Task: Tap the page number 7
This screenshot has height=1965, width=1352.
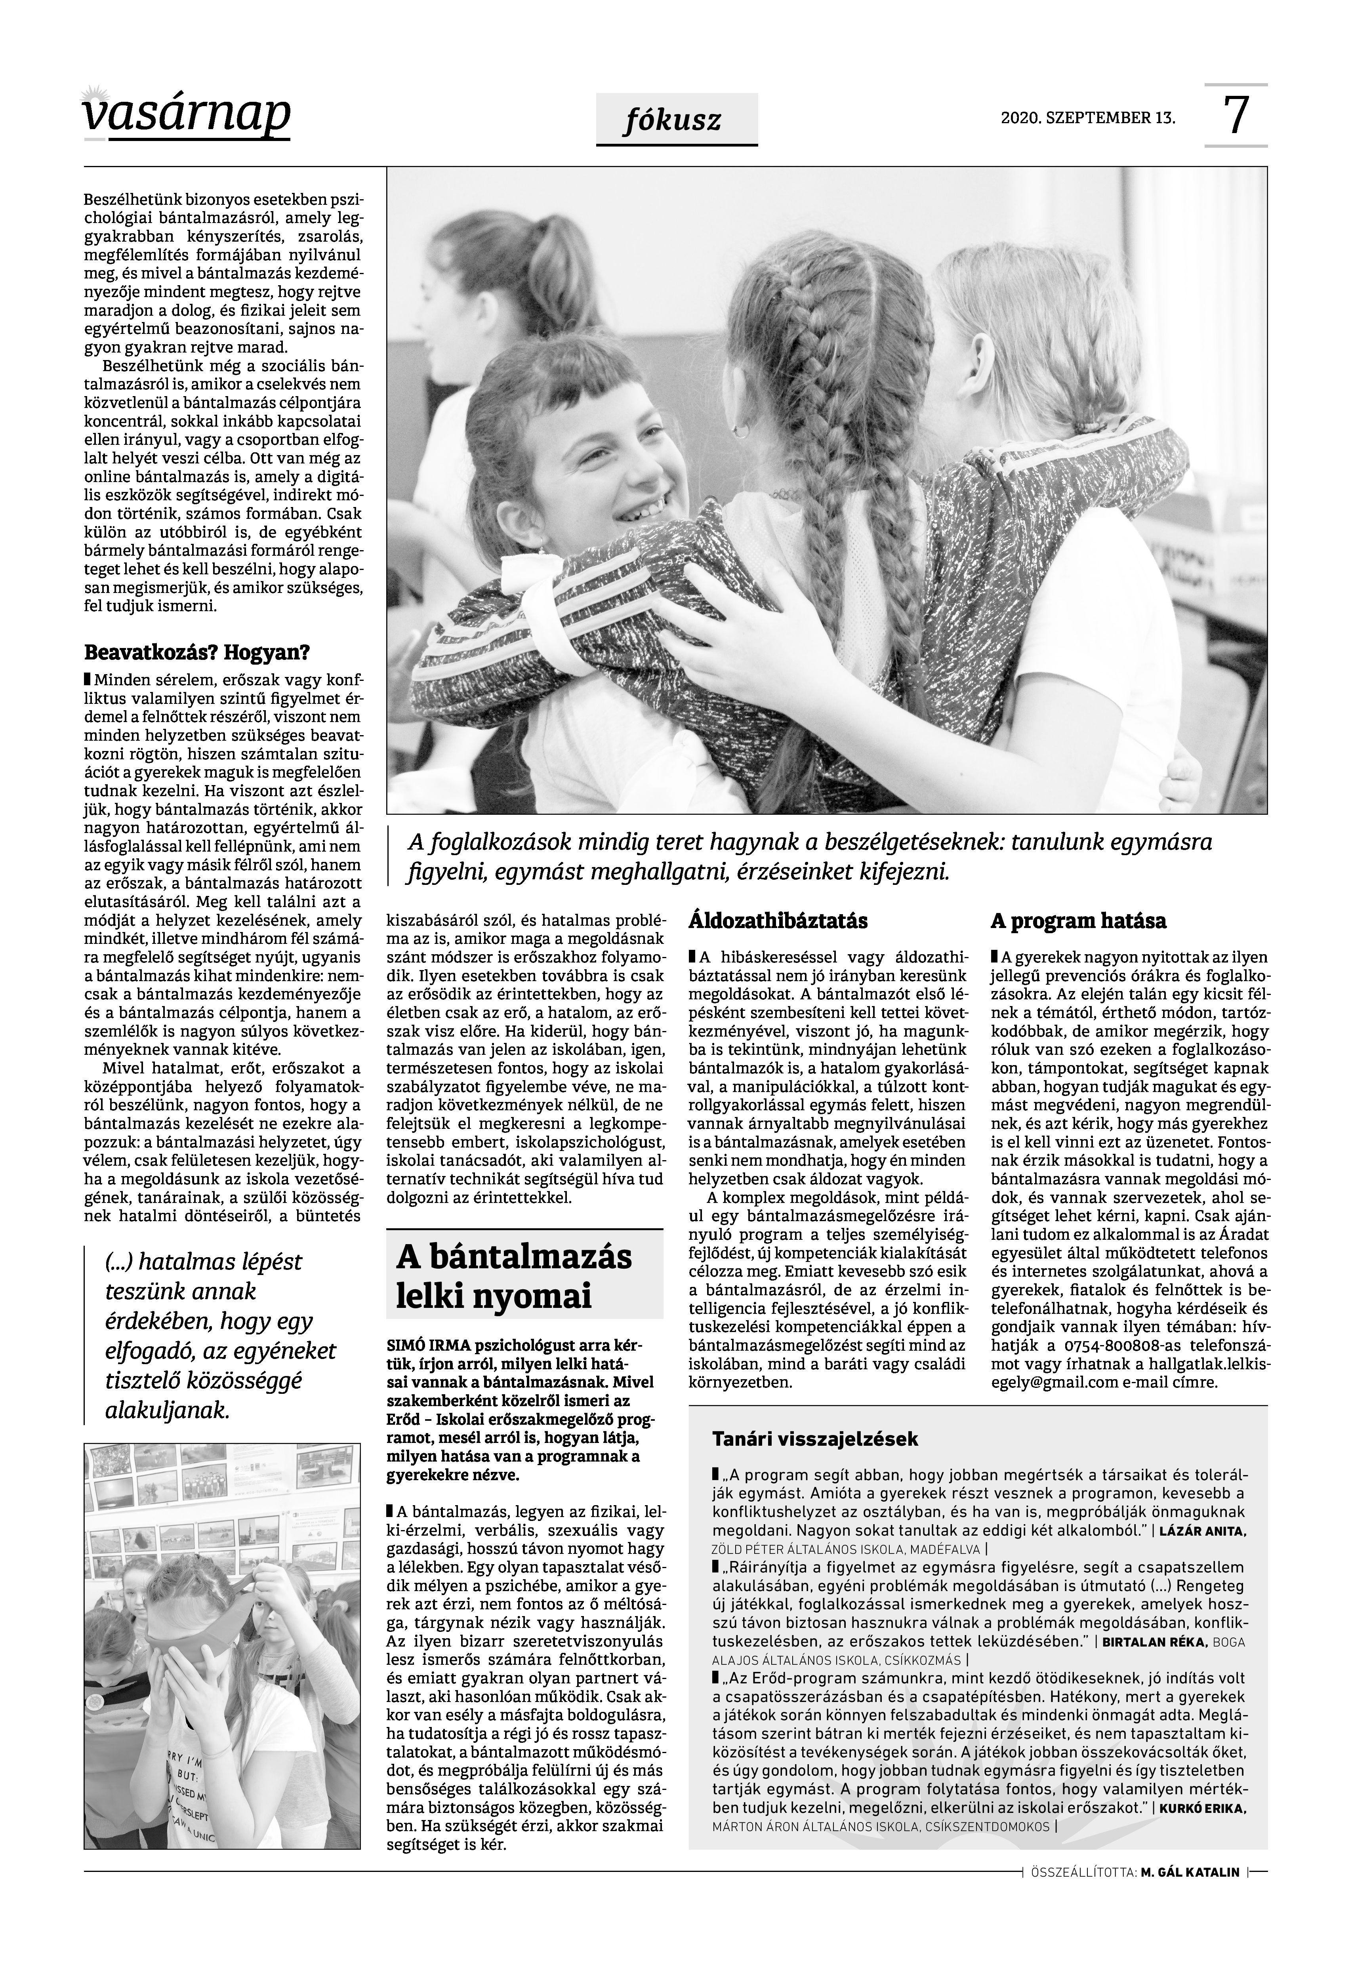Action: tap(1236, 116)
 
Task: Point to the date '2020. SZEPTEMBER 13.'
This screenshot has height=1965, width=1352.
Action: tap(1088, 118)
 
